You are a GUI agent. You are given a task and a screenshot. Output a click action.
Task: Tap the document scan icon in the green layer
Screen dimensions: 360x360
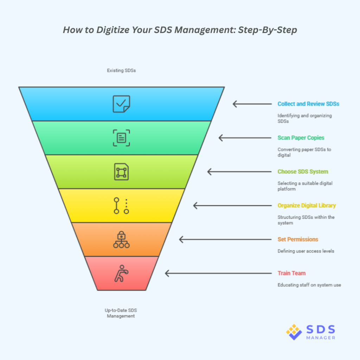click(x=121, y=138)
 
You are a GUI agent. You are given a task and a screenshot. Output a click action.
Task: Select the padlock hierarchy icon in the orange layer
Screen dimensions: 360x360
click(x=121, y=240)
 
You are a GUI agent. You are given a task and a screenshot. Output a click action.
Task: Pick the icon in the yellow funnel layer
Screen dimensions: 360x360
click(x=121, y=206)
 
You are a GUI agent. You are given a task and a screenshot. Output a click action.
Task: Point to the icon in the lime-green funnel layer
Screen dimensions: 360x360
click(x=121, y=172)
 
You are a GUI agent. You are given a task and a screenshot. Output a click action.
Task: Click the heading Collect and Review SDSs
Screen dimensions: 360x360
click(x=308, y=104)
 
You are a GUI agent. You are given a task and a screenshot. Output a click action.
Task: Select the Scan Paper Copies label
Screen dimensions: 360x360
click(x=301, y=138)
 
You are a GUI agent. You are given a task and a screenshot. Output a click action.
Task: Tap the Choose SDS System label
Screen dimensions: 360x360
click(x=303, y=172)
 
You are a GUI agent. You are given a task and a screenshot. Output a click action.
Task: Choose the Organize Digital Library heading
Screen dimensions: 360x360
click(x=307, y=205)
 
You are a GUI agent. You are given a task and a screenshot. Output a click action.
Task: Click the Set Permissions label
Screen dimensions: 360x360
click(x=298, y=239)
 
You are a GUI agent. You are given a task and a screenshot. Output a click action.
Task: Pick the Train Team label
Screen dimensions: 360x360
click(x=291, y=273)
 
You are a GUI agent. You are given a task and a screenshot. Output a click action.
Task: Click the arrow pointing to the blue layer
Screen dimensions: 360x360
click(x=252, y=104)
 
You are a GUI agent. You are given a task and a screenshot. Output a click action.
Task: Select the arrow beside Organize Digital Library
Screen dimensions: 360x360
click(x=232, y=206)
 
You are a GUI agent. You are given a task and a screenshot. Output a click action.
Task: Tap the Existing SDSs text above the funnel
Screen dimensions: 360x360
click(x=121, y=71)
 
